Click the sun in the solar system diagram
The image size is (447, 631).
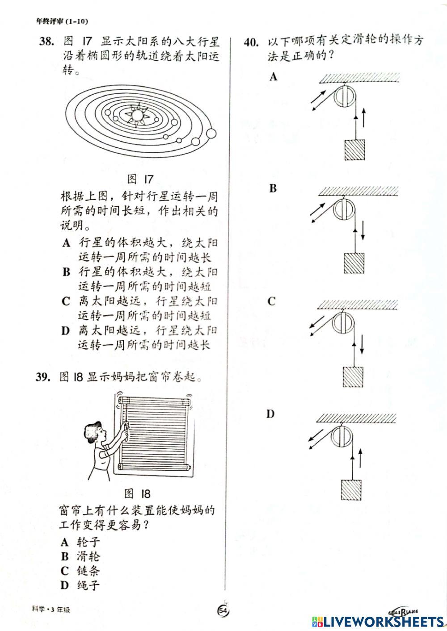point(137,115)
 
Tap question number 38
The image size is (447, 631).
point(46,42)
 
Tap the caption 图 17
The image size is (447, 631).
point(140,179)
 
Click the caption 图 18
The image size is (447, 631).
point(137,493)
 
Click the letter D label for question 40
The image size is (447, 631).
point(270,414)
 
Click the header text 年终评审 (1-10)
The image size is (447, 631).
point(63,21)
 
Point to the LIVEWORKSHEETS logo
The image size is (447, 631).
point(378,621)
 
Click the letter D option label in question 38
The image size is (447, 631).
point(66,331)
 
